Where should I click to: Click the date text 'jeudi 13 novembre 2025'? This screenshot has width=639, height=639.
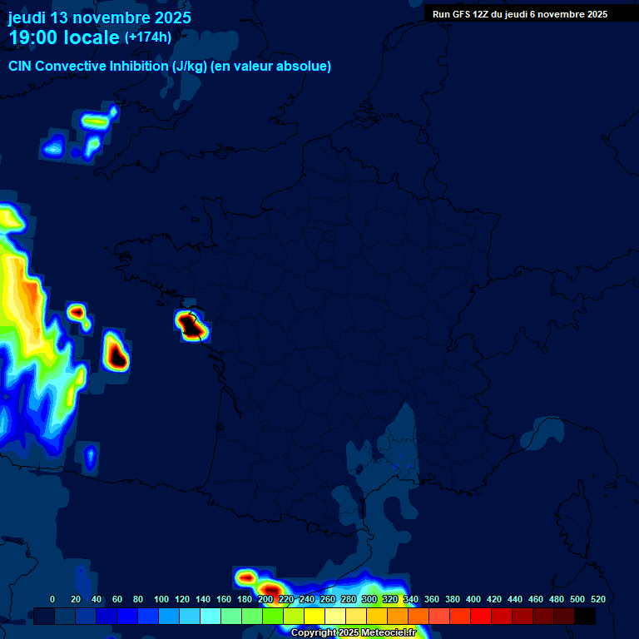(99, 17)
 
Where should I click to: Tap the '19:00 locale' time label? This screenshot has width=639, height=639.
(64, 37)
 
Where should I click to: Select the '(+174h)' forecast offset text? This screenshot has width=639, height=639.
(147, 37)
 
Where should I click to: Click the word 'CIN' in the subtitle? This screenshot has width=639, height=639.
(21, 67)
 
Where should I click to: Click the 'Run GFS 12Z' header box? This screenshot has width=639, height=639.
(520, 14)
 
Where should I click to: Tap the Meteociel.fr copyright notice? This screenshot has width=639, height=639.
(353, 633)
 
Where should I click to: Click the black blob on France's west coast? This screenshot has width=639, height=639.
(192, 325)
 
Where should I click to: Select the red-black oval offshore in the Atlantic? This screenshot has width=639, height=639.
(116, 352)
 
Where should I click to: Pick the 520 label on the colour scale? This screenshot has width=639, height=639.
(597, 599)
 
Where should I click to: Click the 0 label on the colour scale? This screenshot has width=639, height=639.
(52, 599)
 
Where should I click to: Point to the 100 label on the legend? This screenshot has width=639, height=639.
(161, 599)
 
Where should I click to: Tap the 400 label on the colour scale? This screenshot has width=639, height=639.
(473, 599)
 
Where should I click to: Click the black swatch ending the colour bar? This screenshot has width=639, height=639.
(585, 617)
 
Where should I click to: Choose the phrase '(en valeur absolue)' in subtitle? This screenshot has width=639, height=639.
(275, 67)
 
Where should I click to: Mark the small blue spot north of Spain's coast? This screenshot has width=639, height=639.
(90, 455)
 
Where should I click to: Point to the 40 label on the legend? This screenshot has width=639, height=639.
(96, 599)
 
